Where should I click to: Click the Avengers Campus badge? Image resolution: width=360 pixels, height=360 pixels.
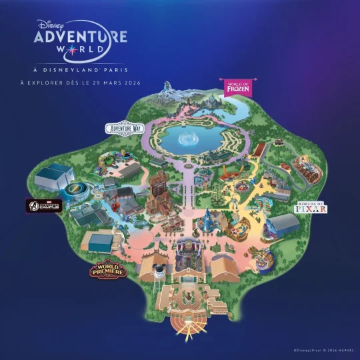click(x=43, y=206)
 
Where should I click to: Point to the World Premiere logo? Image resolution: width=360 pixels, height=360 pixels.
click(x=107, y=271)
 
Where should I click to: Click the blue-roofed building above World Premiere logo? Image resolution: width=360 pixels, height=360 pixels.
click(x=100, y=240)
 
